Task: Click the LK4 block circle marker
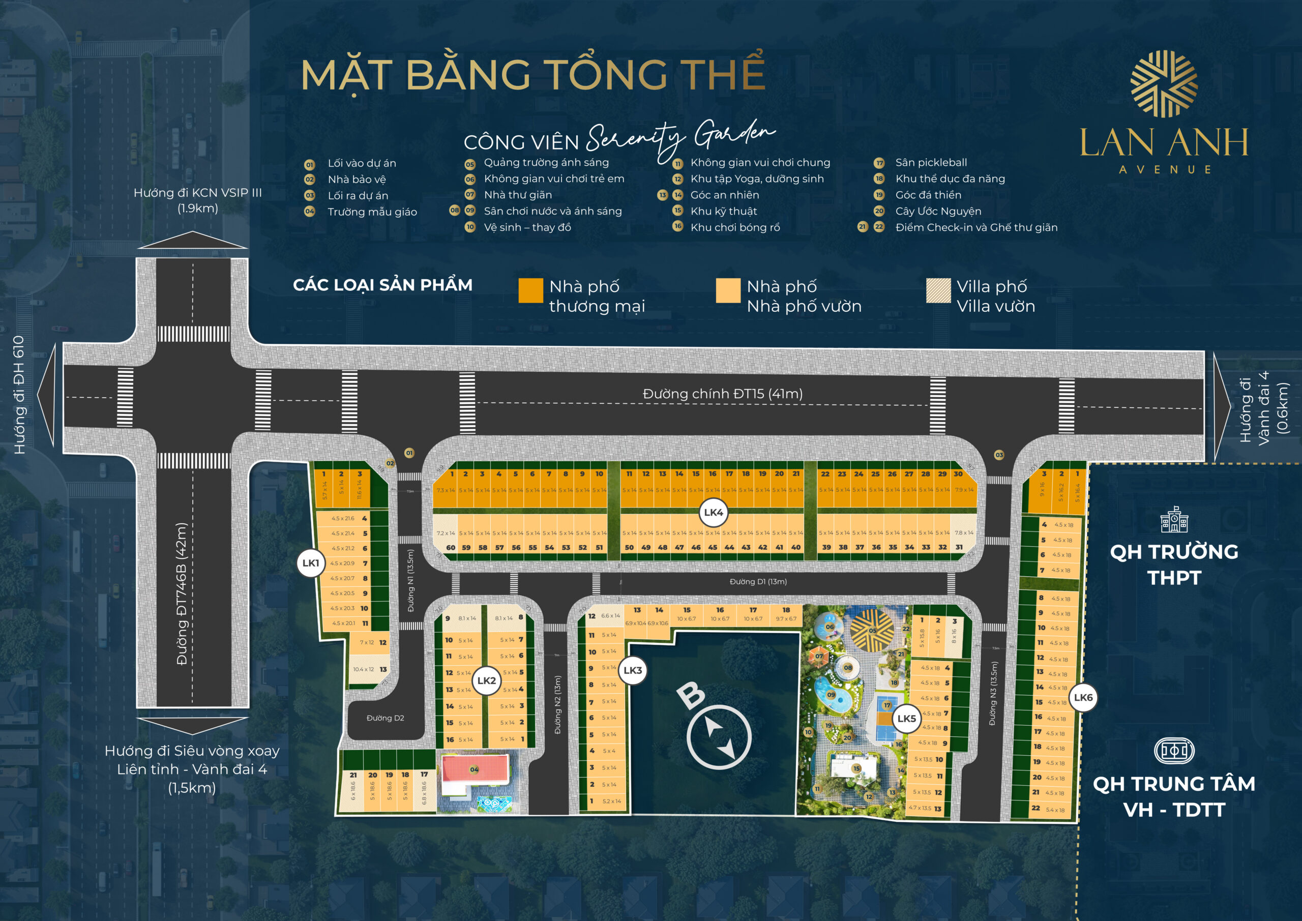tap(713, 512)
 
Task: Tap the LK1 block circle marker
tap(310, 562)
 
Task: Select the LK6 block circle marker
tap(1083, 697)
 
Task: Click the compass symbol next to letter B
tap(719, 738)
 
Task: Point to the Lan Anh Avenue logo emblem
tap(1164, 84)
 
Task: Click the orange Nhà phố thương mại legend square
tap(531, 290)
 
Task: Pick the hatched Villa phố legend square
tap(938, 290)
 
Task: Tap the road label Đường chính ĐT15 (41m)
tap(722, 394)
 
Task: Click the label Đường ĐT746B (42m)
tap(182, 594)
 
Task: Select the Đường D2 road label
tap(385, 718)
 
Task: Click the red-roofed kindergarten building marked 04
tap(474, 769)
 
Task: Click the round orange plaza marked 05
tap(872, 630)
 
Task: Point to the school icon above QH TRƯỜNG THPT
tap(1174, 520)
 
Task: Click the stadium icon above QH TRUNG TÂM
tap(1174, 751)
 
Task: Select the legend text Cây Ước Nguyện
tap(938, 211)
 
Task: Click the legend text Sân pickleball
tap(931, 163)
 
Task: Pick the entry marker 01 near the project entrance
tap(409, 453)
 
